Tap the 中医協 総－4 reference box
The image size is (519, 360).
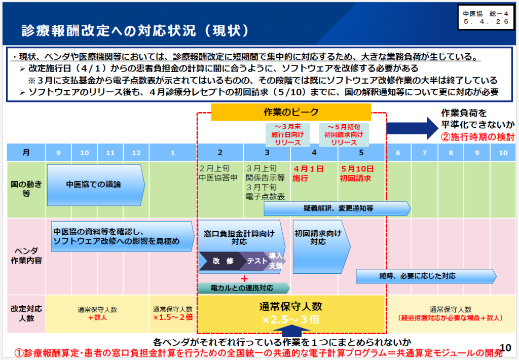pyautogui.click(x=486, y=18)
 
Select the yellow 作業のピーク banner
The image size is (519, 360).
pyautogui.click(x=291, y=112)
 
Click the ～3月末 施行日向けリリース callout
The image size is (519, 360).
pyautogui.click(x=287, y=135)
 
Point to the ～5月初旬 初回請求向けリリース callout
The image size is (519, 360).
pyautogui.click(x=344, y=135)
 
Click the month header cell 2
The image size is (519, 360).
pyautogui.click(x=220, y=153)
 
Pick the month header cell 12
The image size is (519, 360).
pyautogui.click(x=136, y=153)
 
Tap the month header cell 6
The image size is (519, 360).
pyautogui.click(x=398, y=153)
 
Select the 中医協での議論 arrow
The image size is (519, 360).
pyautogui.click(x=96, y=185)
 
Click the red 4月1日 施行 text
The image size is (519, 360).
pyautogui.click(x=308, y=173)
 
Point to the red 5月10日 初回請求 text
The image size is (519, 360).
pyautogui.click(x=356, y=173)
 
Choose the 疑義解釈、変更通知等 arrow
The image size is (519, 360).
pyautogui.click(x=337, y=208)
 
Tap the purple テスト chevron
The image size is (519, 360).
pyautogui.click(x=255, y=261)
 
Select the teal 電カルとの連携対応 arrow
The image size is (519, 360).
pyautogui.click(x=244, y=288)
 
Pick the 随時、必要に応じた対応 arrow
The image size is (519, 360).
pyautogui.click(x=426, y=276)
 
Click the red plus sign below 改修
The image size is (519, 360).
pyautogui.click(x=244, y=278)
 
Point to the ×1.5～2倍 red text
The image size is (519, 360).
pyautogui.click(x=173, y=317)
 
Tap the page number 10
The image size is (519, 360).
pyautogui.click(x=505, y=347)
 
